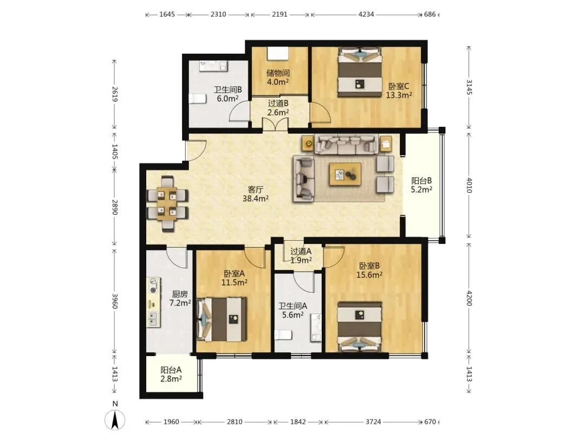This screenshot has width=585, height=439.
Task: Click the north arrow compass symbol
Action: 114,419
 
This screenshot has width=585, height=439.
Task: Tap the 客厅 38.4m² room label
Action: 256,194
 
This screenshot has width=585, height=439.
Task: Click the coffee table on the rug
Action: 345,174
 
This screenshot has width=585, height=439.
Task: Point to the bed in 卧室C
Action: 360,72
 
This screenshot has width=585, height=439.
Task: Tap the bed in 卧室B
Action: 360,327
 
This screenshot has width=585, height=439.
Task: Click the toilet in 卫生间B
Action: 198,99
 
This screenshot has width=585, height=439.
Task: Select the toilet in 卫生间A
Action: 283,334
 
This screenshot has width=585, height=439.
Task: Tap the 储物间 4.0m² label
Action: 278,78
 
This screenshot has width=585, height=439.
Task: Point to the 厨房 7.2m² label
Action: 180,299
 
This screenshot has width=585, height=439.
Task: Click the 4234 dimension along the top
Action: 366,15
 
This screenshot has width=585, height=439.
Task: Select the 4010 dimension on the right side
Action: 469,185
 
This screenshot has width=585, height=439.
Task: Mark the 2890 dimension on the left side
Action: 114,207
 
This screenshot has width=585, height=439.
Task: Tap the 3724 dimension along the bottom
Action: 373,422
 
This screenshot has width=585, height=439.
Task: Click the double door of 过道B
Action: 275,124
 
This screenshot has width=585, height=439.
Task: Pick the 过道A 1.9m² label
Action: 301,256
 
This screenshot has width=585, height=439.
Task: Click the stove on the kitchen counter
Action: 153,285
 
